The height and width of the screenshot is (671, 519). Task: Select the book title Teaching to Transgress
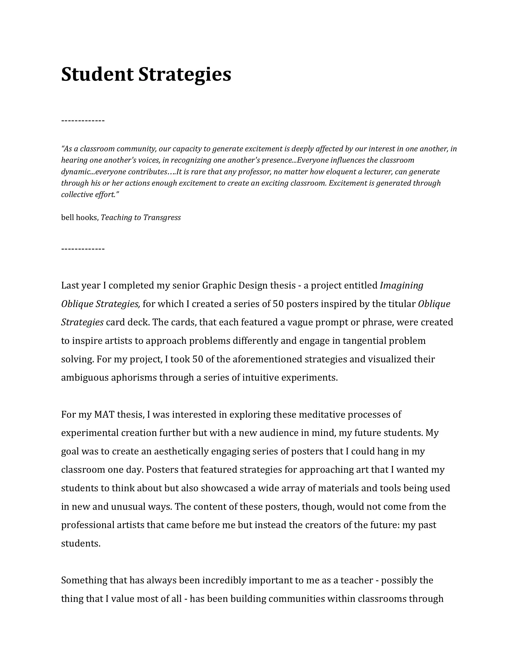141,218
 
